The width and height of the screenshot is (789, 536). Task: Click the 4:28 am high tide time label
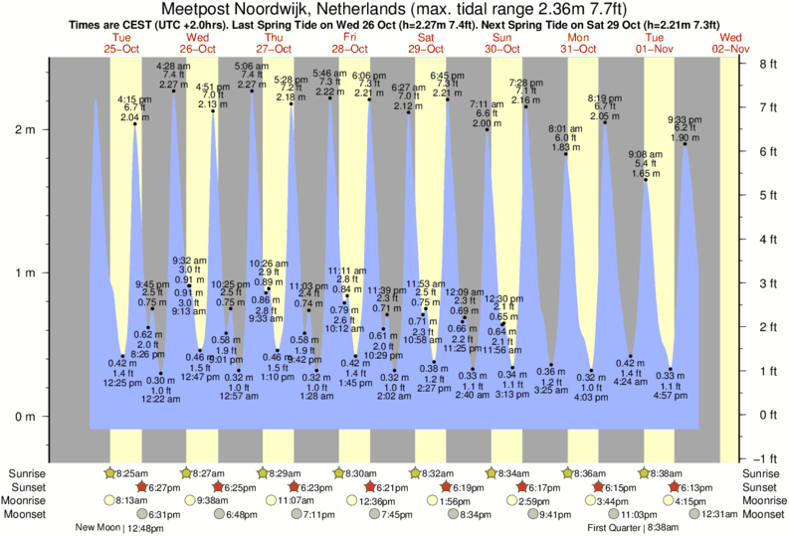point(175,67)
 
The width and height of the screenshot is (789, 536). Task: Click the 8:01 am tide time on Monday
point(564,128)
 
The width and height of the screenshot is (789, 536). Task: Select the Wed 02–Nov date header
point(731,43)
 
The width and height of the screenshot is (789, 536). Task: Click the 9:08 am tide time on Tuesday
point(644,154)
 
